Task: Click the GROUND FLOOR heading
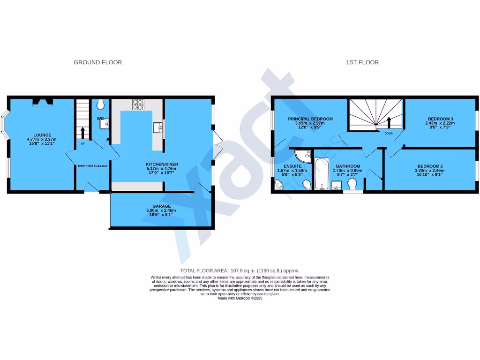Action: [x=97, y=62]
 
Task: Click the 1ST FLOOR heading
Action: [x=362, y=62]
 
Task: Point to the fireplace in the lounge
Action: [x=42, y=102]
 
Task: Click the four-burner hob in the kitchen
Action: [x=138, y=105]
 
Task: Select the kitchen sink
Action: [x=157, y=127]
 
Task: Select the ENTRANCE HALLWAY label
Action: [x=93, y=165]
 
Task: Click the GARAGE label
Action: [x=161, y=206]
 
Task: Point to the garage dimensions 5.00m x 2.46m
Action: [x=161, y=211]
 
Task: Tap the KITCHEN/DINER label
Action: [x=162, y=164]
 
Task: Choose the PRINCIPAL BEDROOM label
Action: [x=310, y=119]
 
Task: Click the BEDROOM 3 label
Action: [x=440, y=119]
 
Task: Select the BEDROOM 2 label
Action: [x=430, y=166]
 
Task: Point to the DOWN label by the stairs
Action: [x=389, y=133]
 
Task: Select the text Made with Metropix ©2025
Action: [x=240, y=298]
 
